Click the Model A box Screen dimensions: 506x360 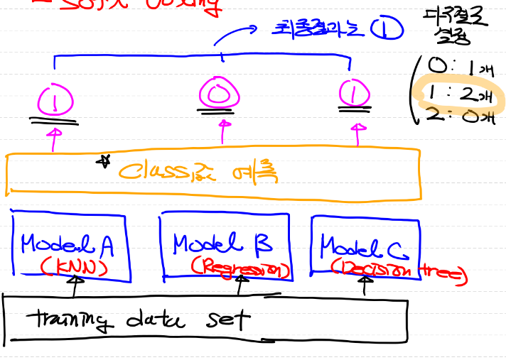point(71,245)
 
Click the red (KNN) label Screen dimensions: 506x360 point(73,266)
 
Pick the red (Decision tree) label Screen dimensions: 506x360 point(398,271)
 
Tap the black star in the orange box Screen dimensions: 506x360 point(104,162)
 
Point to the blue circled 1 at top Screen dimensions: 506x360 point(390,29)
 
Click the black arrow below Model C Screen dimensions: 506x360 point(365,285)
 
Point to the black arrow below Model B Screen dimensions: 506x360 point(239,285)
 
